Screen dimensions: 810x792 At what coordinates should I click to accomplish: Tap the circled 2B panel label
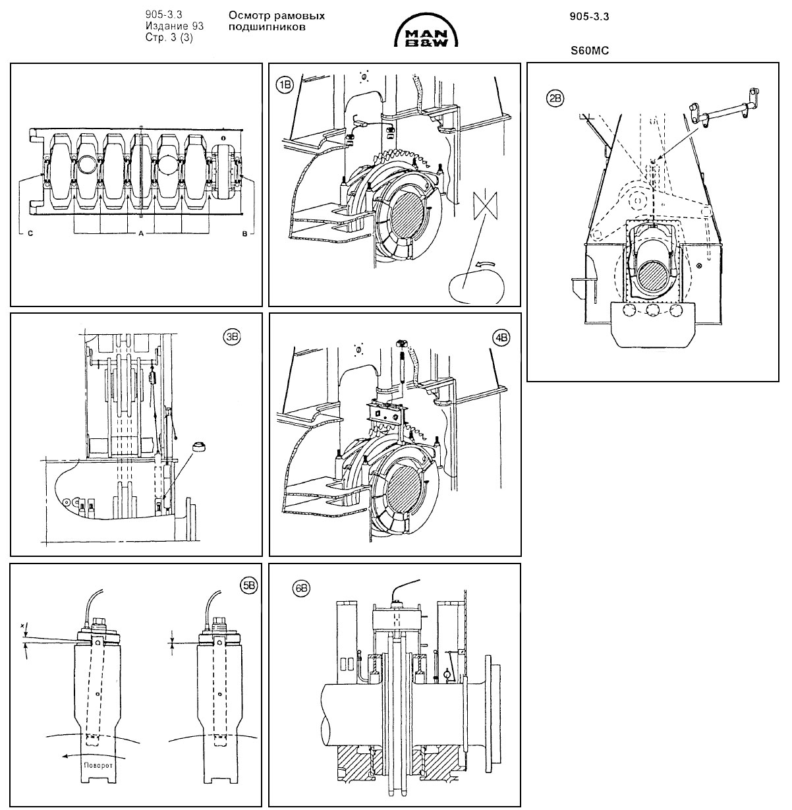[555, 99]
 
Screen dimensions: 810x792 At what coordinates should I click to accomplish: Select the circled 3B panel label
[232, 336]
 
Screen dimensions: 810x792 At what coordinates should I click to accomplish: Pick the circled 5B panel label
[248, 585]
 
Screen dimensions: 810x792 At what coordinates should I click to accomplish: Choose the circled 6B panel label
[302, 588]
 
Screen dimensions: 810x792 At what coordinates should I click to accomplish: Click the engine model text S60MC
[589, 49]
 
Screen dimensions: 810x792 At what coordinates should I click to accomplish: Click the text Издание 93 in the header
[175, 26]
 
